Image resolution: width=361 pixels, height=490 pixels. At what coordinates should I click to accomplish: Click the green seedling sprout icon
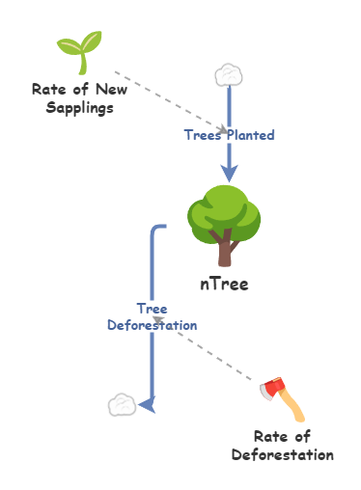[x=80, y=52]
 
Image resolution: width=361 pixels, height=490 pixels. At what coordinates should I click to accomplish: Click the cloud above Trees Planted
[x=228, y=74]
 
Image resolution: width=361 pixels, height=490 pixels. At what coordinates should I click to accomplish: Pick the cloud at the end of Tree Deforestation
[x=121, y=404]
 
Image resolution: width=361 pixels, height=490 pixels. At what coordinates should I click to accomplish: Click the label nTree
[x=225, y=285]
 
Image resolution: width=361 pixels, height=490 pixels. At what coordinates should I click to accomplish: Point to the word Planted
[x=250, y=135]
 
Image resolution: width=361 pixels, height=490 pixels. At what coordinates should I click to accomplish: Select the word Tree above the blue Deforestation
[x=152, y=309]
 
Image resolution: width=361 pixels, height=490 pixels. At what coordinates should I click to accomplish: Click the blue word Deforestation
[x=152, y=325]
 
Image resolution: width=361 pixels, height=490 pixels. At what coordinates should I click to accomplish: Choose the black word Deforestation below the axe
[x=283, y=454]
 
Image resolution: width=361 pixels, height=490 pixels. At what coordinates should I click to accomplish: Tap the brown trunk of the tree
[x=226, y=251]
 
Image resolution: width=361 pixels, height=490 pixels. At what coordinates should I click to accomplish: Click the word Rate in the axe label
[x=269, y=437]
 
